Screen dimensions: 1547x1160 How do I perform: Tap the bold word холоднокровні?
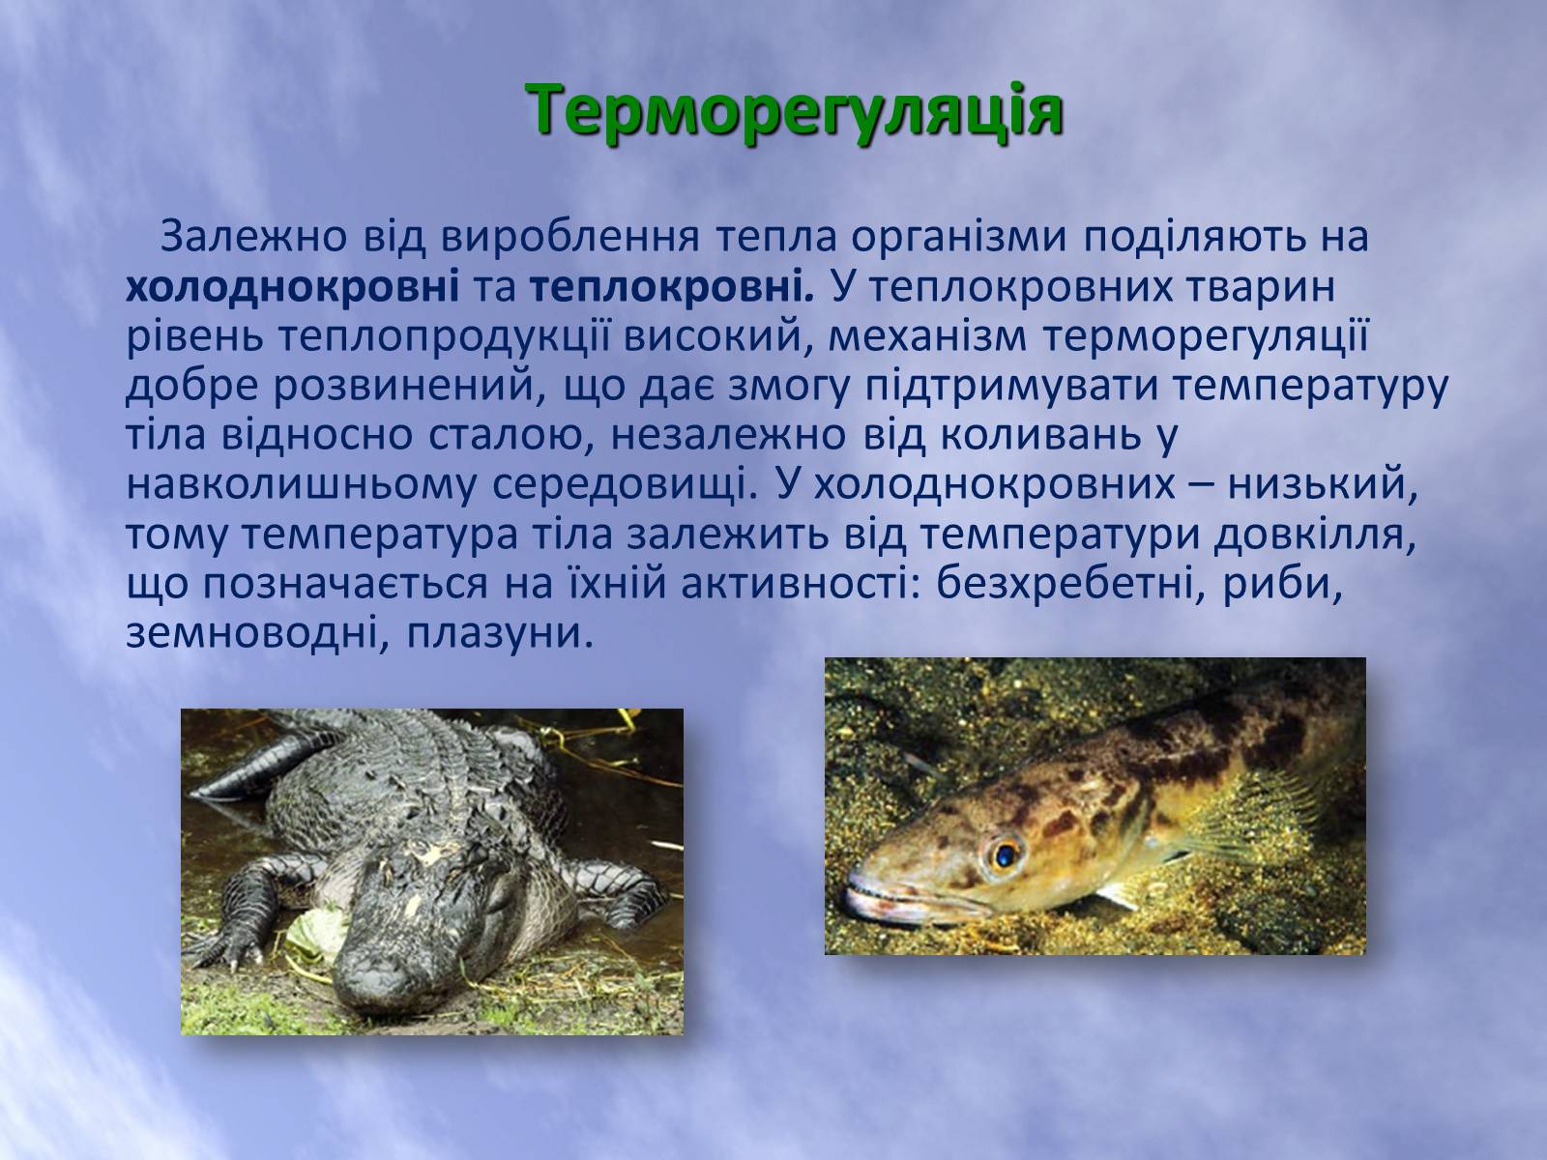coord(293,288)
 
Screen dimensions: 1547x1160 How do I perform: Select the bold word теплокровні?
coord(672,288)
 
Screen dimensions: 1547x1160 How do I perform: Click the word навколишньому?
coord(303,485)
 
